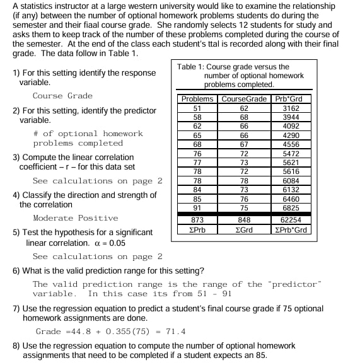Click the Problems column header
coord(197,99)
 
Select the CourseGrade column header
coord(244,99)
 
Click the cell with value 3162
coord(290,108)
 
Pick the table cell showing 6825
coord(290,207)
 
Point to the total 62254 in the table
coord(290,220)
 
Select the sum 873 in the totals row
coord(197,220)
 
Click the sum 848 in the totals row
coord(244,220)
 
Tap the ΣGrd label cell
coord(244,229)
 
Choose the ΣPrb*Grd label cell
coord(290,229)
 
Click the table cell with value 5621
coord(290,162)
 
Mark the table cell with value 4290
coord(290,135)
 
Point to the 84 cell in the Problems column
coord(197,189)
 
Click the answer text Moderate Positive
coord(75,218)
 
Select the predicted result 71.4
coord(175,331)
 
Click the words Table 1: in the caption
coord(190,67)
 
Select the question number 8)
coord(17,345)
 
